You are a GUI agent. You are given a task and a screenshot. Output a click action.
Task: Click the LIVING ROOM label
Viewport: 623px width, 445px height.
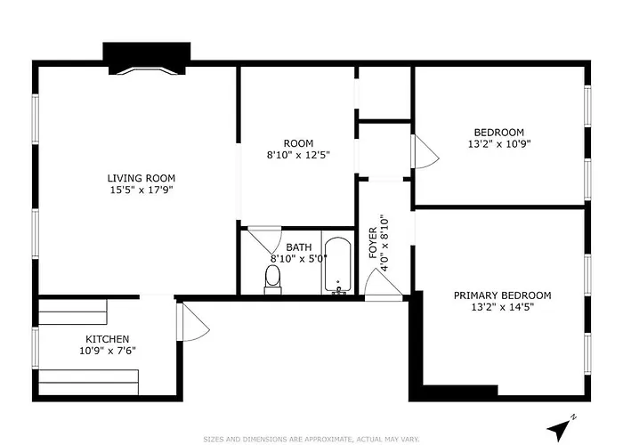click(141, 178)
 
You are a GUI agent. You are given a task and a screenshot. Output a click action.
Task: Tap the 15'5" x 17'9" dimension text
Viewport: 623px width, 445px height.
click(142, 190)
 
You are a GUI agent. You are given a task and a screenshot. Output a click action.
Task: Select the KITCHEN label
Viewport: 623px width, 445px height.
click(108, 339)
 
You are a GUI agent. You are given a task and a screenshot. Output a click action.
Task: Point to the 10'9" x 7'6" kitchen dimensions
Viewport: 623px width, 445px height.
click(108, 351)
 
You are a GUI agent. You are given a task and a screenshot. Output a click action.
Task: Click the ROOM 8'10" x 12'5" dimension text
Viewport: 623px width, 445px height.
click(298, 155)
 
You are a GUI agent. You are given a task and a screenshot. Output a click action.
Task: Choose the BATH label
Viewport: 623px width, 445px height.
click(299, 247)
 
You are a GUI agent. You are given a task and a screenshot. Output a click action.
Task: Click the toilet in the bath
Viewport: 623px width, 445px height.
click(272, 279)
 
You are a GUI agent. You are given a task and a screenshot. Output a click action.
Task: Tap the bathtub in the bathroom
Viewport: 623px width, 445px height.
click(337, 265)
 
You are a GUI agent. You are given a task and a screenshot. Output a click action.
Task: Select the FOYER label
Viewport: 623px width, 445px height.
click(373, 243)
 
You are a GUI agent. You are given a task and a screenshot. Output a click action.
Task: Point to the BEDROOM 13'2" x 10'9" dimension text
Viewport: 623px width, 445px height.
click(499, 143)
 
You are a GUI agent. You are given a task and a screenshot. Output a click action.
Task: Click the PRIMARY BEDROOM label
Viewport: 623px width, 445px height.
click(502, 295)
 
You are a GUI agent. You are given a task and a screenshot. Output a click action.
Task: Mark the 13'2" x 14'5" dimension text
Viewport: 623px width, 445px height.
click(502, 307)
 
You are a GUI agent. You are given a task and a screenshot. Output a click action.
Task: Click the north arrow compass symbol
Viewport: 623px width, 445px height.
click(560, 427)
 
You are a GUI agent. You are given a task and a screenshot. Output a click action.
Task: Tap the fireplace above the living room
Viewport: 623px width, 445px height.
click(147, 59)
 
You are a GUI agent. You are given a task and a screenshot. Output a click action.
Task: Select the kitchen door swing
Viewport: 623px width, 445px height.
click(193, 322)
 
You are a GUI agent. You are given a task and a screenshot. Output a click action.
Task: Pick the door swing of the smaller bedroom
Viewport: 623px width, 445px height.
click(425, 152)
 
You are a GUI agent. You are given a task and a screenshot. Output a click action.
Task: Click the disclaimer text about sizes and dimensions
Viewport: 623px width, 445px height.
click(311, 439)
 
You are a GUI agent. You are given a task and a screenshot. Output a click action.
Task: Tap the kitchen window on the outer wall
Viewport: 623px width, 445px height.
click(36, 348)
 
